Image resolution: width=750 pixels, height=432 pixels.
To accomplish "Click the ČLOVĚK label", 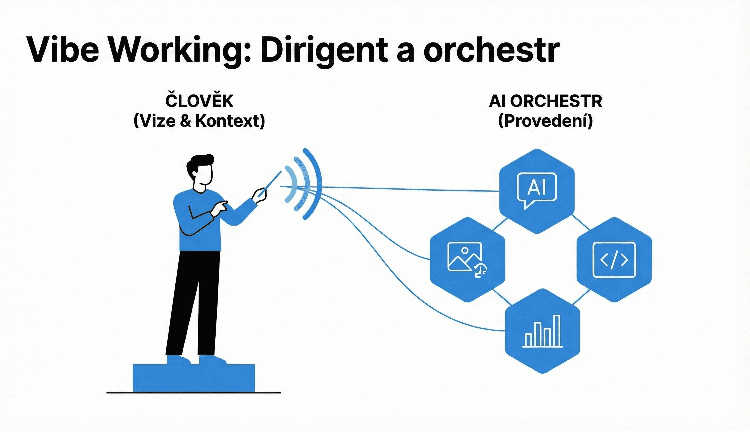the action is point(199,101).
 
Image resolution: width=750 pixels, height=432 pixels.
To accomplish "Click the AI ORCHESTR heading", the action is point(545,101).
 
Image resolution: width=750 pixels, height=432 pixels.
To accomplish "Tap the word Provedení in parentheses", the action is point(545,121).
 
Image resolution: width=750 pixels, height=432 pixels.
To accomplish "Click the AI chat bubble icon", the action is point(537,189).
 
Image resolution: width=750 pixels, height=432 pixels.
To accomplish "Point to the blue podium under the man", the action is point(194,378).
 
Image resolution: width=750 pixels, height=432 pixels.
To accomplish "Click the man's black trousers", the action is point(193,303).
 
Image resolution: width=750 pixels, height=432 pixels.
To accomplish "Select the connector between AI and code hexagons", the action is point(580,223).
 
